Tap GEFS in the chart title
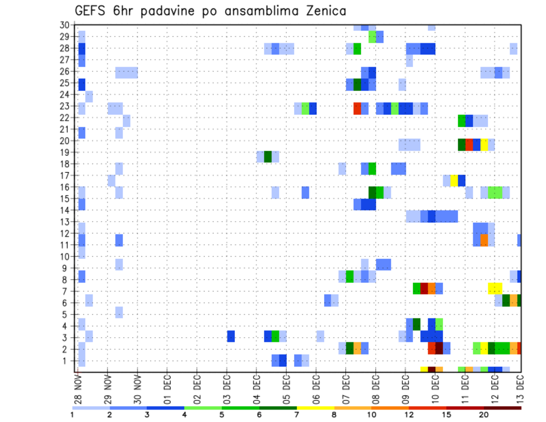(x=92, y=11)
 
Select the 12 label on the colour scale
(x=409, y=415)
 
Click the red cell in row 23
(x=357, y=108)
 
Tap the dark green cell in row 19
(x=268, y=156)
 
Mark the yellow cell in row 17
(x=454, y=180)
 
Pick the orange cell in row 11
(x=484, y=240)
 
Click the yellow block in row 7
(x=495, y=288)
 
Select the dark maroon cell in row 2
(x=439, y=347)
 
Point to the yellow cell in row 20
(x=484, y=144)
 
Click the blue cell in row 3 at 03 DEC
(x=231, y=336)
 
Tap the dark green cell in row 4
(x=416, y=324)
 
